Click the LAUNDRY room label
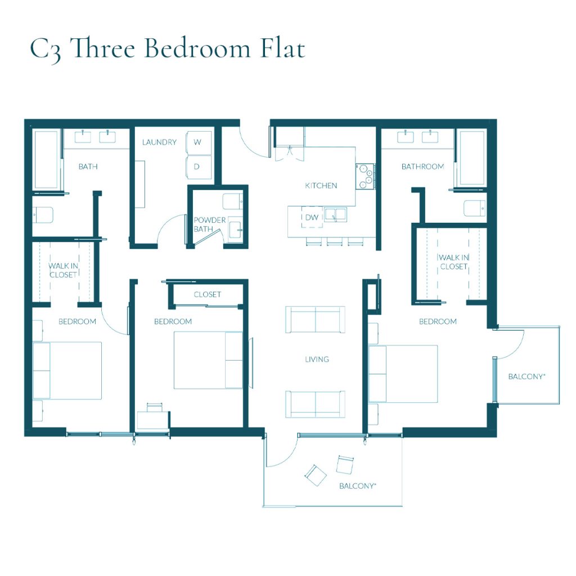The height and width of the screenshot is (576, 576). (x=159, y=142)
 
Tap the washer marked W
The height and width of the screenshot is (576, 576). (x=197, y=142)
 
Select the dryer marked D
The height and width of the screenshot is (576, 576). (x=197, y=167)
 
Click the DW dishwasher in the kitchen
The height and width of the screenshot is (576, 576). (x=311, y=217)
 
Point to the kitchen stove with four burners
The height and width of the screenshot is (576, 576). (x=364, y=175)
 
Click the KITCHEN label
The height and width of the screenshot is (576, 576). (x=321, y=186)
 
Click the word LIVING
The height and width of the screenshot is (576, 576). (x=317, y=359)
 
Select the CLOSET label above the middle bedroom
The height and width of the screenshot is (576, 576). (x=208, y=294)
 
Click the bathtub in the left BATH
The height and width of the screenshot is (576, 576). (x=46, y=160)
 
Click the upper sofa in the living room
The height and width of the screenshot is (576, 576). (x=315, y=319)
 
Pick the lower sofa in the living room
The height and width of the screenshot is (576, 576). (x=315, y=404)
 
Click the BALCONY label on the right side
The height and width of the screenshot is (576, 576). (x=526, y=376)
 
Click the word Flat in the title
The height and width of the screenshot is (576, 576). (x=282, y=49)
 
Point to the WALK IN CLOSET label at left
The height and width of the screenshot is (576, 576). (x=62, y=270)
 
